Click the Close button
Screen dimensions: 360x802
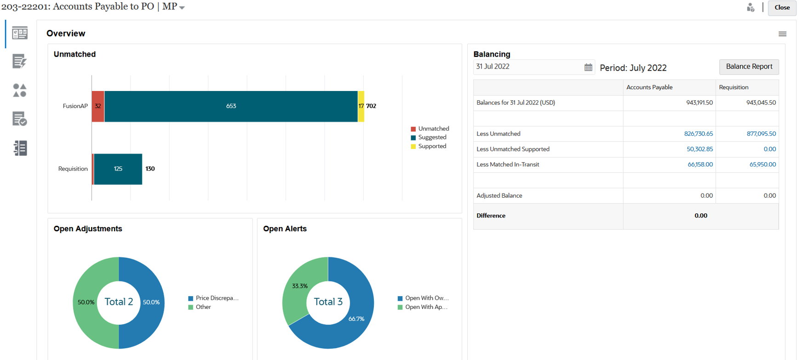point(782,8)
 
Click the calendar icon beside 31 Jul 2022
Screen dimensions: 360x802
point(588,68)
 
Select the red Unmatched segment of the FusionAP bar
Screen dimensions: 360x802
point(98,106)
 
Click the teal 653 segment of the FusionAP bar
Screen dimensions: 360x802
point(231,106)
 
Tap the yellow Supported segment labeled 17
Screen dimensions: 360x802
point(361,106)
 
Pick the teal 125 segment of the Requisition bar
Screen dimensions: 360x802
point(118,169)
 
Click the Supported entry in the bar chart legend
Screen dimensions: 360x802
point(432,146)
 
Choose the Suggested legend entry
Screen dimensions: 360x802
point(432,137)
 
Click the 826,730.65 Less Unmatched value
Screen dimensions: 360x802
point(698,134)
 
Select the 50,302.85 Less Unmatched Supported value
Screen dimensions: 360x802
point(699,149)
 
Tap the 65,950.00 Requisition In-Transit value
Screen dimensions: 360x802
point(762,165)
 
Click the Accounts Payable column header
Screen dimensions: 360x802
point(649,87)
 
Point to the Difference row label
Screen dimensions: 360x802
point(491,216)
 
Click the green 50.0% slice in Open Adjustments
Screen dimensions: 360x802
point(86,303)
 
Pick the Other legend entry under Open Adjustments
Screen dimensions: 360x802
point(203,307)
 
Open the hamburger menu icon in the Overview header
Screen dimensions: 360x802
point(782,34)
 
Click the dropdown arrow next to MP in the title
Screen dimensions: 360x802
point(182,8)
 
